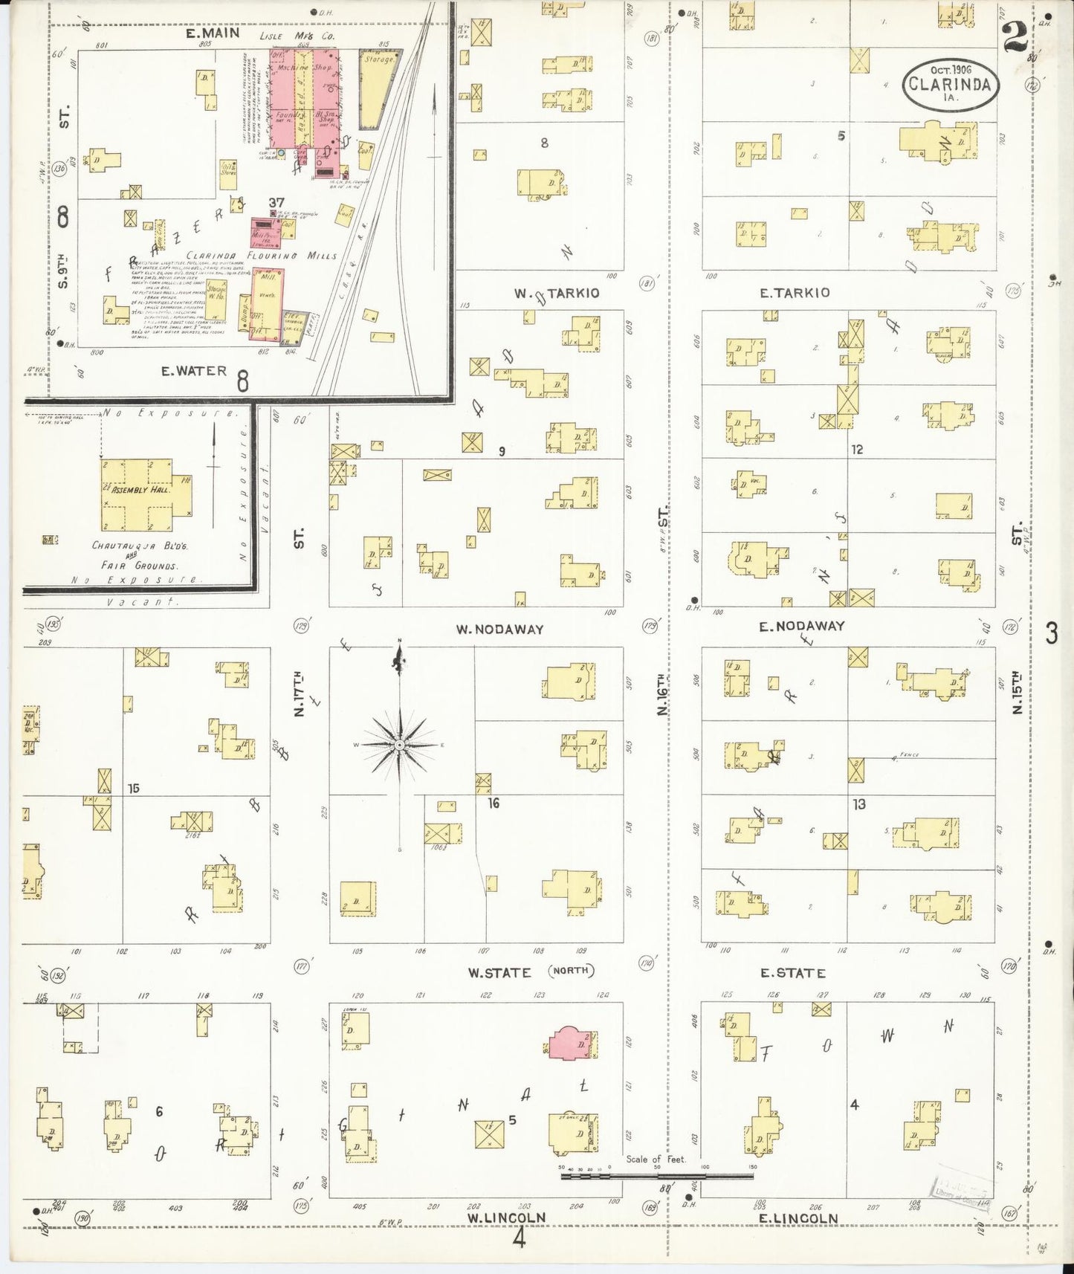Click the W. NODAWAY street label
tap(499, 630)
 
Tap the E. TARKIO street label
tap(794, 294)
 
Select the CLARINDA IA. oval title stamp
tap(950, 84)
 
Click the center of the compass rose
tap(400, 744)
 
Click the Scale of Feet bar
tap(657, 1176)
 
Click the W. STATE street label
tap(499, 972)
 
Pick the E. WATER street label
tap(194, 370)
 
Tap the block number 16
tap(494, 803)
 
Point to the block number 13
tap(859, 804)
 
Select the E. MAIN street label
tap(213, 33)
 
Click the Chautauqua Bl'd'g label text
tap(140, 546)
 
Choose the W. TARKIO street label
tap(557, 294)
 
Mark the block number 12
tap(857, 450)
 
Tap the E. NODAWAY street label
tap(801, 627)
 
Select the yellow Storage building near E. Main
tap(378, 88)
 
